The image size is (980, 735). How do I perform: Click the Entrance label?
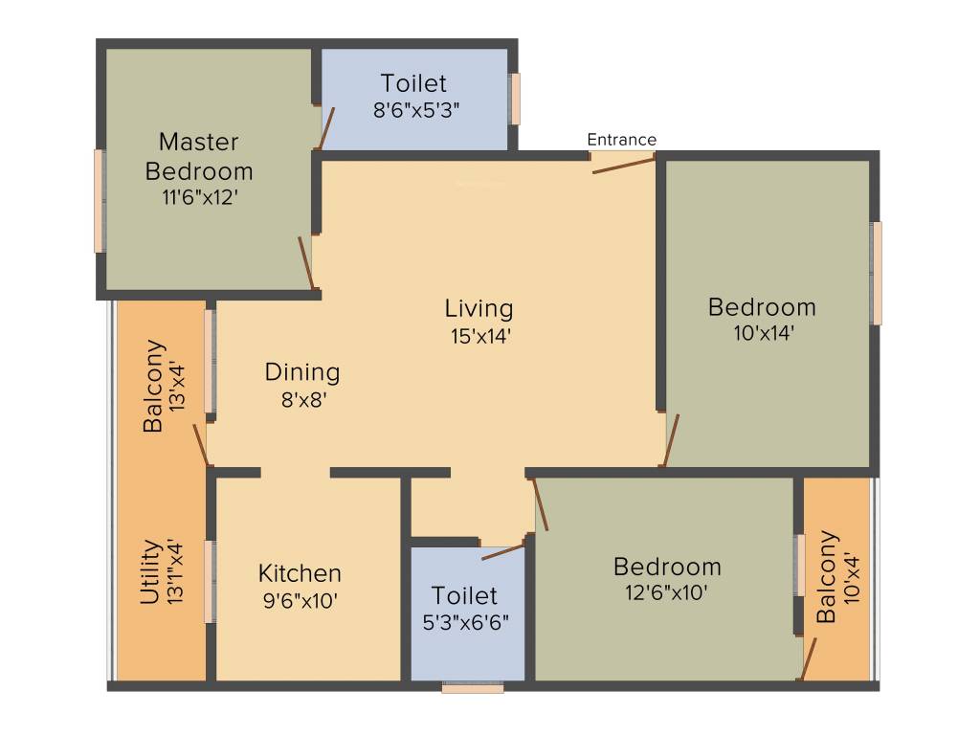click(622, 140)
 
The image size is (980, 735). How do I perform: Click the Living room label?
click(479, 309)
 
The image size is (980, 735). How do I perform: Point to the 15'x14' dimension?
click(479, 336)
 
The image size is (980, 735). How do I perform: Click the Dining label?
click(302, 371)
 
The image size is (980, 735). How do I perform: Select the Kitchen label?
click(300, 573)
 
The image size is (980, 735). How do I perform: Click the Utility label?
click(150, 572)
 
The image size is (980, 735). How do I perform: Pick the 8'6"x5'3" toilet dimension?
click(416, 109)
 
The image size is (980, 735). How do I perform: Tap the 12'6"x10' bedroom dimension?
click(667, 592)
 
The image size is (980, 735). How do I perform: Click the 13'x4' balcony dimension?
click(176, 386)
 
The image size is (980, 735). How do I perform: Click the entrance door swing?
click(623, 166)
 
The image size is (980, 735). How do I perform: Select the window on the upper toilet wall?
click(515, 99)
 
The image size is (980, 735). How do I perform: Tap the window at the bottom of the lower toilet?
click(472, 687)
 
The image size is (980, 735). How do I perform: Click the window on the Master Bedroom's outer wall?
click(100, 201)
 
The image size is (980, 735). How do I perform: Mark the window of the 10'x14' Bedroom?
click(877, 273)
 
